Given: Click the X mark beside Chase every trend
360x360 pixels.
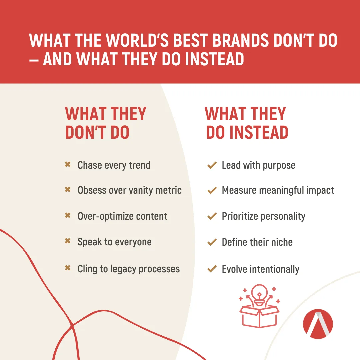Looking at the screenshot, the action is pyautogui.click(x=67, y=164).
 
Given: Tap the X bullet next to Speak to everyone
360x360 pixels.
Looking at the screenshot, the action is pyautogui.click(x=67, y=241).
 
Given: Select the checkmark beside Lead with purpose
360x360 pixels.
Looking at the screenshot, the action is pyautogui.click(x=212, y=165).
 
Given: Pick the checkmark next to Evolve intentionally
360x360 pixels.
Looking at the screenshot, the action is pyautogui.click(x=212, y=269).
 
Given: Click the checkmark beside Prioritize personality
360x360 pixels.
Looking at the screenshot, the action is pyautogui.click(x=212, y=216).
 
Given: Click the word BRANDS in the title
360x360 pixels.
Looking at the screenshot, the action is pyautogui.click(x=240, y=40).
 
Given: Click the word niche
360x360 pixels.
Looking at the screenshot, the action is pyautogui.click(x=282, y=242).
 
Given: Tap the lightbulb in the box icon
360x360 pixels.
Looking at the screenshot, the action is pyautogui.click(x=259, y=295).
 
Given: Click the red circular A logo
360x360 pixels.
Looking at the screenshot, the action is pyautogui.click(x=318, y=324).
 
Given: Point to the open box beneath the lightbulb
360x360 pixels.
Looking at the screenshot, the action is pyautogui.click(x=259, y=316).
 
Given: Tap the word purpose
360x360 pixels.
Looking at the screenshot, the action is pyautogui.click(x=279, y=166).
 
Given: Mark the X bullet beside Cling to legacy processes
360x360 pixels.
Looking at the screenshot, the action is pyautogui.click(x=67, y=268).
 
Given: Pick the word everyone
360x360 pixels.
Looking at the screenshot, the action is pyautogui.click(x=133, y=242).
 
